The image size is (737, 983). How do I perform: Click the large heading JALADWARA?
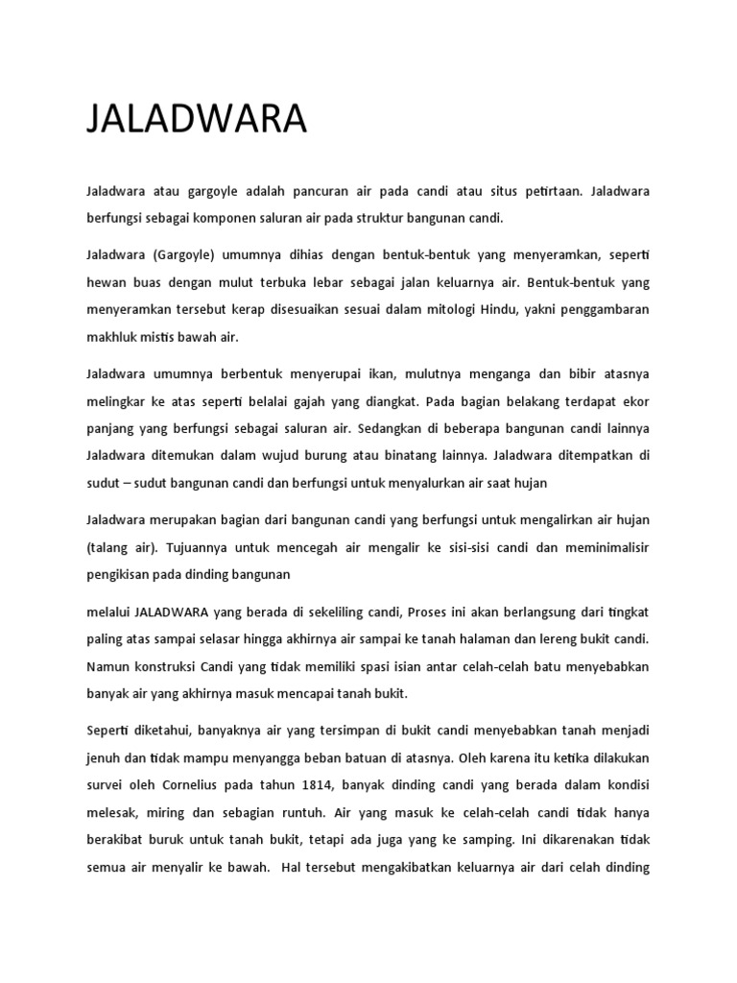196,120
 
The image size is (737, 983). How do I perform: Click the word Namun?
109,665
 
